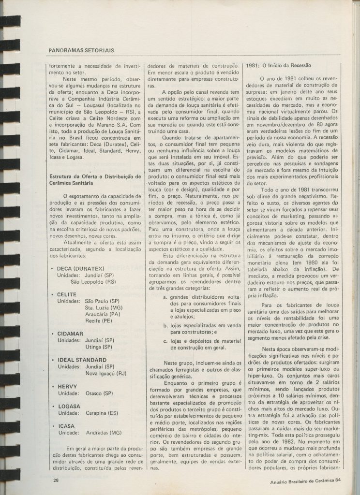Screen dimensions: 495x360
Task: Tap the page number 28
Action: coord(56,480)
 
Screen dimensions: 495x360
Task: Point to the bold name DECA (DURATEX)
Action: coord(80,268)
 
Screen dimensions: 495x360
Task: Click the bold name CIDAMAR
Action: coord(70,334)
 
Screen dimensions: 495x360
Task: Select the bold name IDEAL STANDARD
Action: coord(82,360)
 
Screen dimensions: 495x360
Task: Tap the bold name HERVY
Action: coord(67,386)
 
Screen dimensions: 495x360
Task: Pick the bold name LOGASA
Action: coord(69,407)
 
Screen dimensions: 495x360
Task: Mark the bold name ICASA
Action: coord(66,426)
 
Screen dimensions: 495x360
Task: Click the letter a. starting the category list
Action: coord(165,297)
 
